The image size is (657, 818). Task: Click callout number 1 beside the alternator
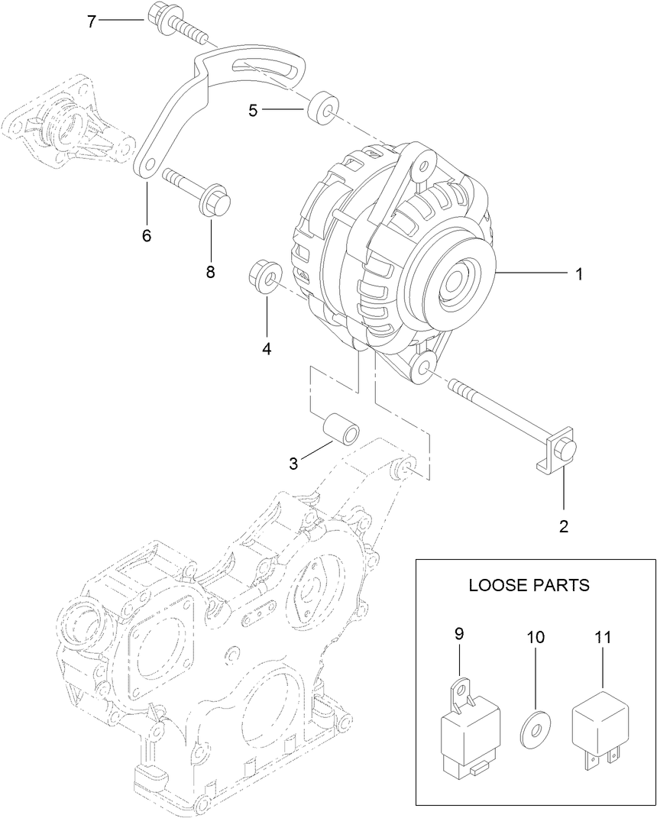click(x=580, y=274)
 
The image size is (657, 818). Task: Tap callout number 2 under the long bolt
click(x=565, y=525)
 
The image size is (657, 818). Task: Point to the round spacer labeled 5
click(x=324, y=108)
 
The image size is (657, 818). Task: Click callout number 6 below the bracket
click(x=146, y=235)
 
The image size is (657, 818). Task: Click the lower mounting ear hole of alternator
click(x=422, y=370)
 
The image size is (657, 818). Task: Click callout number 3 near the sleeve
click(x=293, y=463)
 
